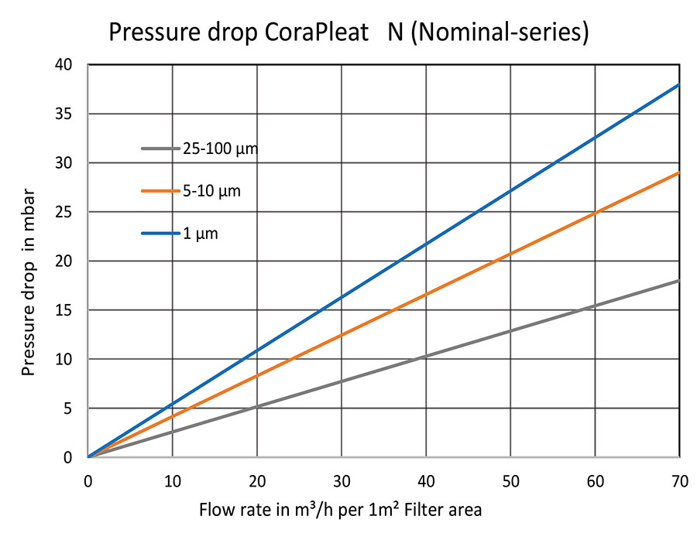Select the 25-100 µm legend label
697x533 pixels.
pos(219,148)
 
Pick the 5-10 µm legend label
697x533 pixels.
pos(211,190)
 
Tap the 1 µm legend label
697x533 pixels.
pos(200,233)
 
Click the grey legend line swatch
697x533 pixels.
pos(159,148)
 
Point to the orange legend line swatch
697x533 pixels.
pos(159,190)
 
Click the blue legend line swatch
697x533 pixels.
pos(159,233)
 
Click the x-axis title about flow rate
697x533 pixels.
pos(341,511)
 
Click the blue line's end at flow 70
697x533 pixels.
pos(679,84)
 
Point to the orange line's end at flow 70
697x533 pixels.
pos(679,173)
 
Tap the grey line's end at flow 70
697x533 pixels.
pos(679,281)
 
